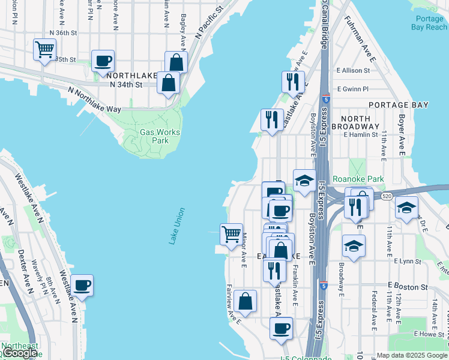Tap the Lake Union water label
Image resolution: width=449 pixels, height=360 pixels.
(178, 226)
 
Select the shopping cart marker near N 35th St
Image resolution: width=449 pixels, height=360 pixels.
(45, 50)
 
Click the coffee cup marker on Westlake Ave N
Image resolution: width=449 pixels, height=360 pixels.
(82, 285)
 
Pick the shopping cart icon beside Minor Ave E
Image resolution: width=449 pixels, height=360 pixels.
(231, 234)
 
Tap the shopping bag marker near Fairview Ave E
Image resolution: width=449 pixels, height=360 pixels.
(246, 301)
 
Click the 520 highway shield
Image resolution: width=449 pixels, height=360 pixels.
(387, 196)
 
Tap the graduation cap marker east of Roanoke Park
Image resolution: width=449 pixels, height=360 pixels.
(406, 208)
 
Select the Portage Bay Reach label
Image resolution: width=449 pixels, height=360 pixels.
(429, 23)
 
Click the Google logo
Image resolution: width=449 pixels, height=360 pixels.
(19, 353)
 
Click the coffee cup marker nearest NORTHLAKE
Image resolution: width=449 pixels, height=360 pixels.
(103, 61)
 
